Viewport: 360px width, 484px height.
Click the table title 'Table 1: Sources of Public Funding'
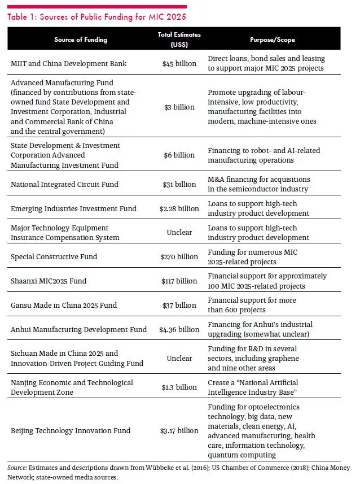pyautogui.click(x=96, y=17)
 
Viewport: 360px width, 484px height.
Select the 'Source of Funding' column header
pyautogui.click(x=81, y=40)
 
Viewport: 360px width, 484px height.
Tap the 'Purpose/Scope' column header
pyautogui.click(x=273, y=40)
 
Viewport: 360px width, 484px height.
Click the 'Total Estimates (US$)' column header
pyautogui.click(x=179, y=40)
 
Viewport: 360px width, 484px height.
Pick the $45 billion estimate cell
pyautogui.click(x=179, y=63)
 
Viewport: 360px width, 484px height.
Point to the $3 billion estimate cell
pyautogui.click(x=179, y=107)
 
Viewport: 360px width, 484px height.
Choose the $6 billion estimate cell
pyautogui.click(x=179, y=155)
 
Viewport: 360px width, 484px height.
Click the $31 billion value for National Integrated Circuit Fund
pyautogui.click(x=179, y=184)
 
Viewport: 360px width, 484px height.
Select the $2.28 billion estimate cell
pyautogui.click(x=179, y=208)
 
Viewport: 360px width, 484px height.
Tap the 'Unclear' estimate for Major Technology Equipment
pyautogui.click(x=179, y=232)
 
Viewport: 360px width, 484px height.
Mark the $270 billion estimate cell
pyautogui.click(x=179, y=256)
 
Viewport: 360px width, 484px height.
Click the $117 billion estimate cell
pyautogui.click(x=179, y=281)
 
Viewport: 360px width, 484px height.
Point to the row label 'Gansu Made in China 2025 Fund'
pyautogui.click(x=64, y=305)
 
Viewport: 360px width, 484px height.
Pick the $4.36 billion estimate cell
pyautogui.click(x=179, y=329)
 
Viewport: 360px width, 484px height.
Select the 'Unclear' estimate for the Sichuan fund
pyautogui.click(x=179, y=358)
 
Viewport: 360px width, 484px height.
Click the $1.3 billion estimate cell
pyautogui.click(x=179, y=387)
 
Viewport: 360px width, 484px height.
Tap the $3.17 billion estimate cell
pyautogui.click(x=179, y=430)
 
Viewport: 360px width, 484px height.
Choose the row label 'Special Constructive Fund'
pyautogui.click(x=54, y=256)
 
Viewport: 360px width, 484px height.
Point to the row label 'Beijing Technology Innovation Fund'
pyautogui.click(x=71, y=430)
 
